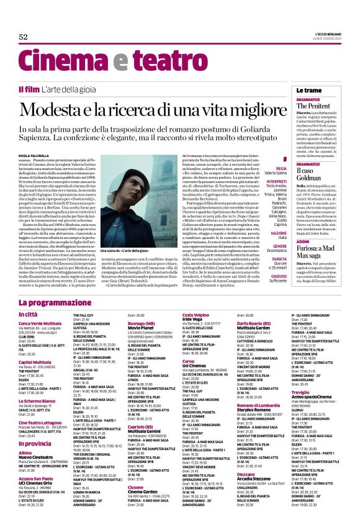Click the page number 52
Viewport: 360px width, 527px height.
pos(24,37)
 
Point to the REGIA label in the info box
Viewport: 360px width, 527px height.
pos(281,168)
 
